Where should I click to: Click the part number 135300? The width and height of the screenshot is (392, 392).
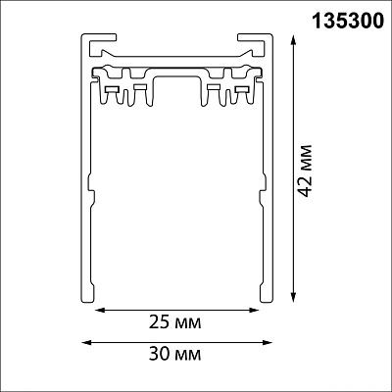348,21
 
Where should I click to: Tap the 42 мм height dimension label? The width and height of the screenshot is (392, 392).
306,171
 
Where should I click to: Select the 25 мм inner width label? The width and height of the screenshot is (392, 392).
175,322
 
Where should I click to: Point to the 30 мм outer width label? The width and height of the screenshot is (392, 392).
175,354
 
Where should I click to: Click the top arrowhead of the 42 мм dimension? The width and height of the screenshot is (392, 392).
293,41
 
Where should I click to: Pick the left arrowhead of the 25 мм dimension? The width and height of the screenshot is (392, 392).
100,310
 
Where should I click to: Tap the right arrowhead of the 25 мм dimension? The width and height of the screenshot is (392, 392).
254,310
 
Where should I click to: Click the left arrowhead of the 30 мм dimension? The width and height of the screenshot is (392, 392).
86,342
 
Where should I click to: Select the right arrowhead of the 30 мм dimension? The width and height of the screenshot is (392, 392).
268,342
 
